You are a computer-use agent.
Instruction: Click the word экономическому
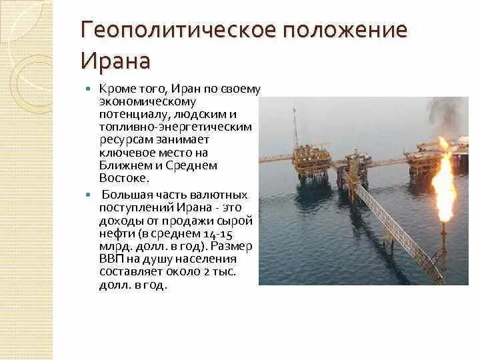[x=147, y=101]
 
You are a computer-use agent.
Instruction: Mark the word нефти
[x=114, y=233]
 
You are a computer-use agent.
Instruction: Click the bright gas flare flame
[x=445, y=180]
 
